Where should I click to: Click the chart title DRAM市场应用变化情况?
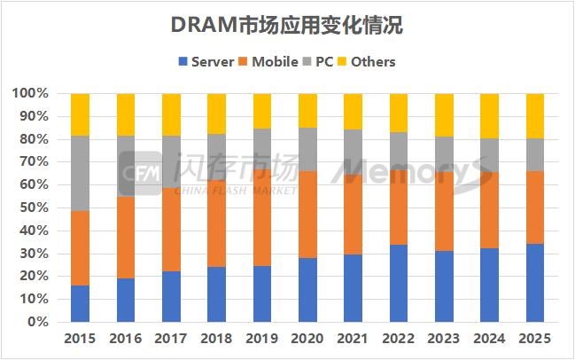pos(286,27)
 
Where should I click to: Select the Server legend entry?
pos(206,61)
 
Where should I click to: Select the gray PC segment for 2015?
pos(80,173)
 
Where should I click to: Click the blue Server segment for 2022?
pos(400,283)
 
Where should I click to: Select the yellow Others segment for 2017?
pos(171,114)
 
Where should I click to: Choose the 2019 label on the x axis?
pos(262,339)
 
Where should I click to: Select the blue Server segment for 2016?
pos(126,300)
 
